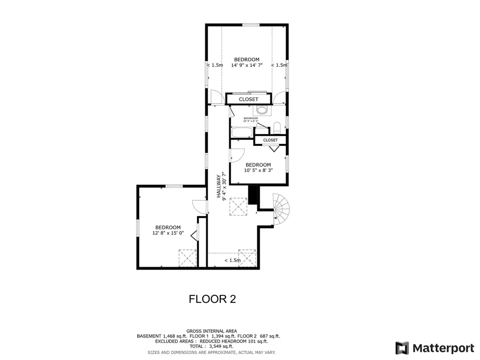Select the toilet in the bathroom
click(277, 127)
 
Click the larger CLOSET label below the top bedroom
click(248, 99)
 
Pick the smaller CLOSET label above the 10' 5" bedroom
click(270, 140)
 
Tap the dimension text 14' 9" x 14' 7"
click(247, 66)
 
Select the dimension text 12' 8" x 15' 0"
click(168, 232)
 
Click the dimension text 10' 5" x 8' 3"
click(258, 171)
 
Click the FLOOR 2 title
click(212, 299)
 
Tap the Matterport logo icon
click(402, 348)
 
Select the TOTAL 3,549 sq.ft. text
click(211, 347)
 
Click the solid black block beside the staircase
click(253, 195)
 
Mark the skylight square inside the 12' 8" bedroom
click(187, 258)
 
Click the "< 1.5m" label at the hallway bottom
click(232, 260)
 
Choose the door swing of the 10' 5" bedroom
click(237, 155)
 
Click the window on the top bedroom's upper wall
click(251, 25)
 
